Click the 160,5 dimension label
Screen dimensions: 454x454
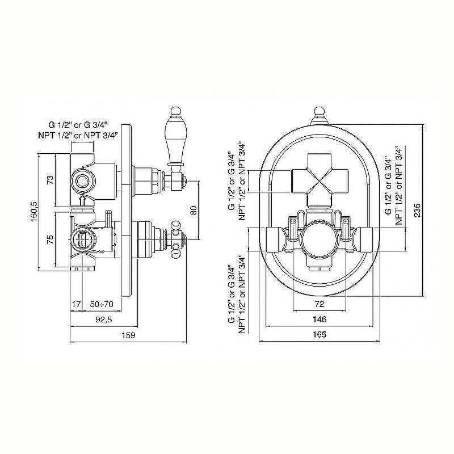pyautogui.click(x=34, y=212)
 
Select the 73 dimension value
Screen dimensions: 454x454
pyautogui.click(x=50, y=180)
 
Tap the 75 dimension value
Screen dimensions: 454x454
pyautogui.click(x=50, y=239)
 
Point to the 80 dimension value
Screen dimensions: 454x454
pyautogui.click(x=194, y=210)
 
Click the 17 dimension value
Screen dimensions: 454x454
pyautogui.click(x=76, y=304)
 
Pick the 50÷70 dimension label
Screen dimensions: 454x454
pyautogui.click(x=102, y=304)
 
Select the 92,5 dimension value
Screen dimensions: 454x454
pyautogui.click(x=104, y=320)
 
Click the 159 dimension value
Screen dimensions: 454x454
pyautogui.click(x=128, y=335)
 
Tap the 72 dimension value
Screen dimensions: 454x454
pyautogui.click(x=320, y=304)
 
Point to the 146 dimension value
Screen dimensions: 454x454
pyautogui.click(x=320, y=319)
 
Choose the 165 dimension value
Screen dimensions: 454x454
pyautogui.click(x=320, y=334)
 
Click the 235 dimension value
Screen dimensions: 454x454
pyautogui.click(x=417, y=210)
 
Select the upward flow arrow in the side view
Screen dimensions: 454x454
pyautogui.click(x=83, y=200)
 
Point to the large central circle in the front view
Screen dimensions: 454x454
pyautogui.click(x=319, y=238)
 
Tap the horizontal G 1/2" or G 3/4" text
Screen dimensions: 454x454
pyautogui.click(x=78, y=125)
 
